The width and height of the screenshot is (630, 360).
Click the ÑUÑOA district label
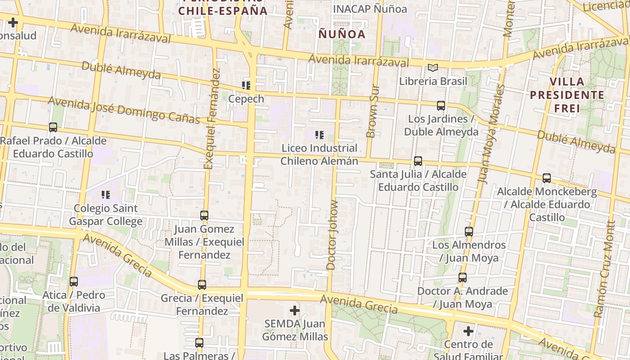pyautogui.click(x=342, y=34)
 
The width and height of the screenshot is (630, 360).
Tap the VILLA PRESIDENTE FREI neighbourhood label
pyautogui.click(x=567, y=95)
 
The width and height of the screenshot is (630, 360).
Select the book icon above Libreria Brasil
pyautogui.click(x=432, y=68)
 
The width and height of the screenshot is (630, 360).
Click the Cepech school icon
pyautogui.click(x=246, y=85)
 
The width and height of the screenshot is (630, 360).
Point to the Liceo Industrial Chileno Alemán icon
pyautogui.click(x=319, y=135)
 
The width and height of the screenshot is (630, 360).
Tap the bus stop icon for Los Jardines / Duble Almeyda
pyautogui.click(x=441, y=106)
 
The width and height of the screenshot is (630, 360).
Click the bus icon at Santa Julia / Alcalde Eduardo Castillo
pyautogui.click(x=418, y=161)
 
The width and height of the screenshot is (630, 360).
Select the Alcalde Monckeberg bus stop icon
pyautogui.click(x=547, y=178)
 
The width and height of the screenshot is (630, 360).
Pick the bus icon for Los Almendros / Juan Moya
pyautogui.click(x=469, y=232)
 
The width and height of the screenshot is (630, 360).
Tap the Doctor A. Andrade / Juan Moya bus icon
pyautogui.click(x=463, y=277)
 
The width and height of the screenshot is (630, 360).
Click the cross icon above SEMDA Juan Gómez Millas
pyautogui.click(x=295, y=310)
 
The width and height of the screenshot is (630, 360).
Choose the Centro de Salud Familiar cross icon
pyautogui.click(x=468, y=332)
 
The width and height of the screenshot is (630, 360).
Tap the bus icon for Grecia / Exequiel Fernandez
pyautogui.click(x=202, y=284)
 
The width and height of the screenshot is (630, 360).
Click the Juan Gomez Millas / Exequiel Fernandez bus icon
pyautogui.click(x=204, y=216)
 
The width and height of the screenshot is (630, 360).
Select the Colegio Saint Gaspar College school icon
pyautogui.click(x=106, y=195)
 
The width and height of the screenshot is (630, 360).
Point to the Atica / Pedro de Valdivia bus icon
pyautogui.click(x=74, y=282)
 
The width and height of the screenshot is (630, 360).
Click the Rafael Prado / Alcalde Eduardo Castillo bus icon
pyautogui.click(x=53, y=127)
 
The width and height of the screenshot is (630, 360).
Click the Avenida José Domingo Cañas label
pyautogui.click(x=124, y=109)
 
